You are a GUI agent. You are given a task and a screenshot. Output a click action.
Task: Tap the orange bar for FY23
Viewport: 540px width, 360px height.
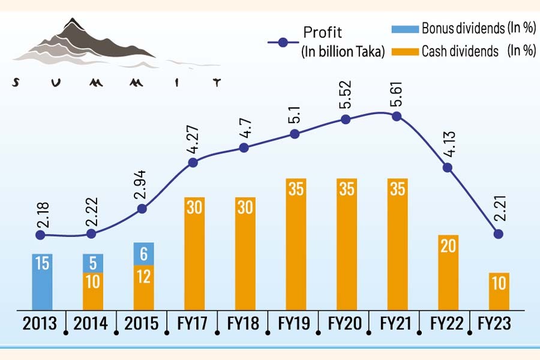pyautogui.click(x=497, y=290)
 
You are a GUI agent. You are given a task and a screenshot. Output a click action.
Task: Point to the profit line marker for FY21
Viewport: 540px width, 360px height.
pyautogui.click(x=396, y=116)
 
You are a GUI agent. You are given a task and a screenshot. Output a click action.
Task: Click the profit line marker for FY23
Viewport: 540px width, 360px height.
pyautogui.click(x=497, y=233)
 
